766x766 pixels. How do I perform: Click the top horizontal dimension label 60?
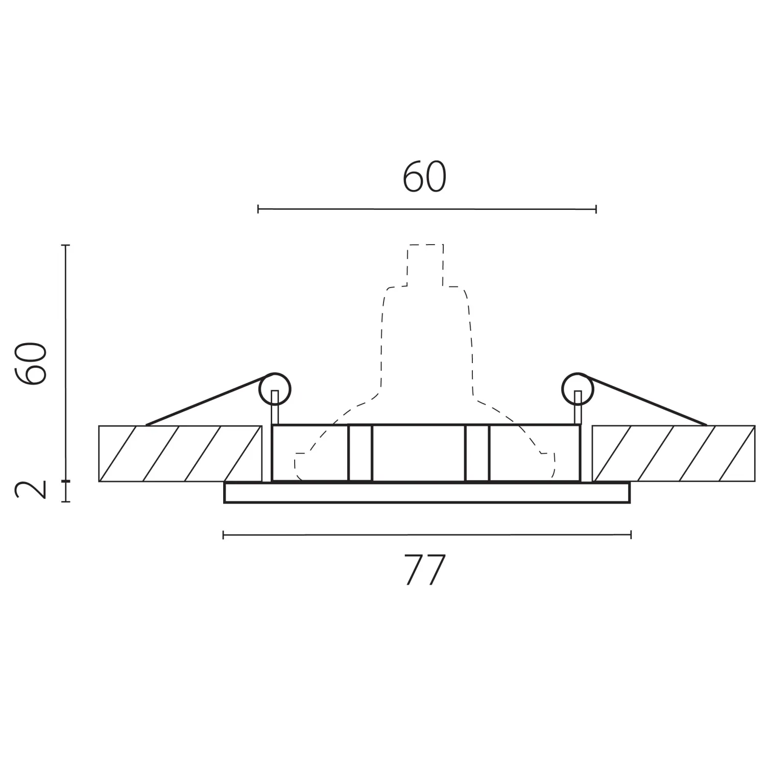click(x=424, y=178)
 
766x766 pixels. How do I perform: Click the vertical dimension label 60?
click(x=32, y=363)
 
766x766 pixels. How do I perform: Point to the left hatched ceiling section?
click(x=180, y=453)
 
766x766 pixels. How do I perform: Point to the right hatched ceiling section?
click(x=674, y=453)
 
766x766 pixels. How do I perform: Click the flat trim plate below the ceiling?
click(x=427, y=493)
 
